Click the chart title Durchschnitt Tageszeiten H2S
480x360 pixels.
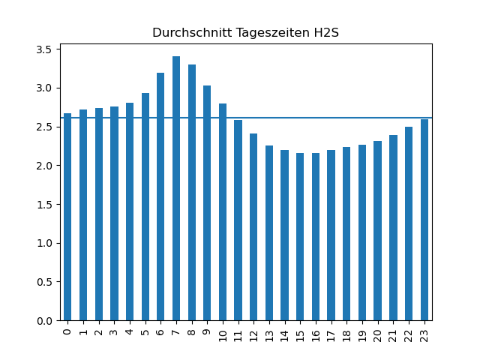tap(245, 33)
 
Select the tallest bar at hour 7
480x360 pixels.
tap(176, 188)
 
